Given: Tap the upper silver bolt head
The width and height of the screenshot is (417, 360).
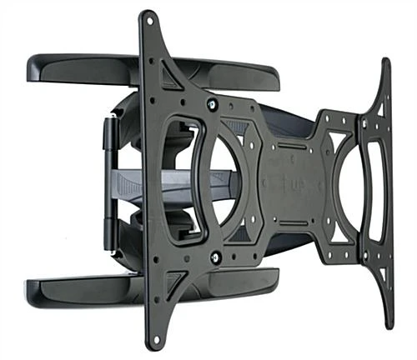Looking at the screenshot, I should click(x=212, y=104).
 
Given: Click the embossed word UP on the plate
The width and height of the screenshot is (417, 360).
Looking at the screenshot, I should click(x=297, y=184).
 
